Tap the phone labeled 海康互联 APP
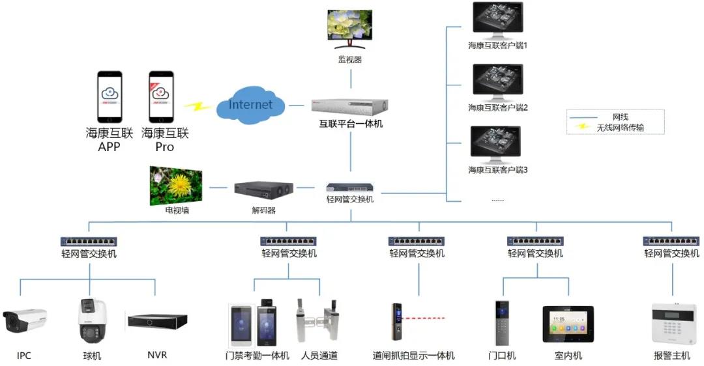110,96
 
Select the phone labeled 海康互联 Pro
161,96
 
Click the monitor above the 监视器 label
350,30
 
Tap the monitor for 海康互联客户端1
497,21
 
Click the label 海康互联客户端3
497,170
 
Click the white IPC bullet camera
25,320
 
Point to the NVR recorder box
158,321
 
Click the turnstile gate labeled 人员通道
319,321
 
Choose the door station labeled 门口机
502,323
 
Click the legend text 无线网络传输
620,128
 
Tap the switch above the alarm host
671,241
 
